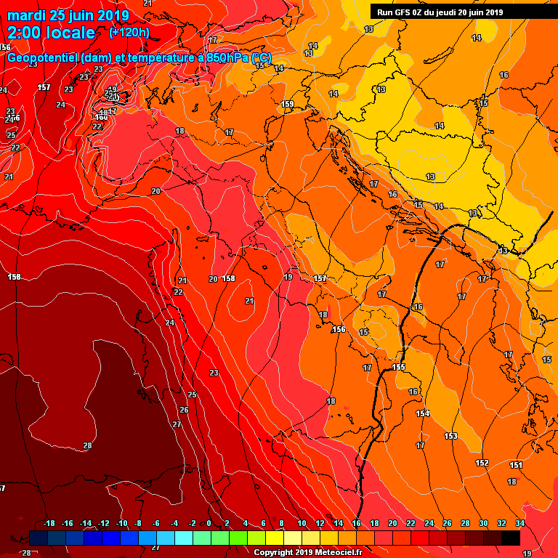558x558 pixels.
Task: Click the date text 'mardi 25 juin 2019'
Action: pos(68,16)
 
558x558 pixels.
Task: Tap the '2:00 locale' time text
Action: pos(51,33)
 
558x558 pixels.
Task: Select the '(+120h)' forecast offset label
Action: pos(129,33)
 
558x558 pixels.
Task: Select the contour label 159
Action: pos(288,105)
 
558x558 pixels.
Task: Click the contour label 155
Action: pos(398,367)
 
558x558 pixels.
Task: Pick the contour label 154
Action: pos(423,413)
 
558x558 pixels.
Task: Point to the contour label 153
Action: pos(450,436)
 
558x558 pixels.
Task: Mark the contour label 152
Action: pos(482,463)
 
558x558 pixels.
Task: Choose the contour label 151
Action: pos(516,465)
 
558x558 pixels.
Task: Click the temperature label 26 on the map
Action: pos(184,410)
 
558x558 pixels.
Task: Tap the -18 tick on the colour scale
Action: pos(49,523)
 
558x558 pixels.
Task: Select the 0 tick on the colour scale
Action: pos(209,523)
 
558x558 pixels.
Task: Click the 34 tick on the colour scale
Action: pos(519,523)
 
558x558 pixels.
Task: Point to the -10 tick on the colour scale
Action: pos(121,523)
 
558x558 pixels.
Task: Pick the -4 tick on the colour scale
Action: pos(174,523)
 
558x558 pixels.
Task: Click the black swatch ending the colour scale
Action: pos(510,538)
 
